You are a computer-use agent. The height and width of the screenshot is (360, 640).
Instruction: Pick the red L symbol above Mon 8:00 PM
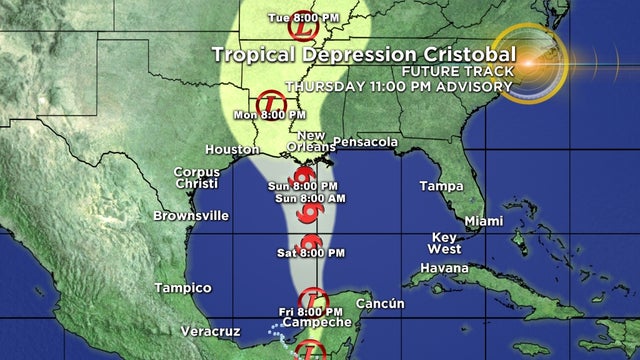pyautogui.click(x=270, y=100)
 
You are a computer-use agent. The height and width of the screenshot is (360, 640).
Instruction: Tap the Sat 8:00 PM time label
pyautogui.click(x=301, y=254)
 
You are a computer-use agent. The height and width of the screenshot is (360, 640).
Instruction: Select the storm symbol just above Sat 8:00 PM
pyautogui.click(x=309, y=241)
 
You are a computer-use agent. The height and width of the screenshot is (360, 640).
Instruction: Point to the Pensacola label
pyautogui.click(x=365, y=142)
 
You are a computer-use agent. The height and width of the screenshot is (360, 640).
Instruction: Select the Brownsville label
pyautogui.click(x=191, y=215)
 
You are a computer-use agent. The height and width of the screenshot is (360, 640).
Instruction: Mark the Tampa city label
pyautogui.click(x=441, y=186)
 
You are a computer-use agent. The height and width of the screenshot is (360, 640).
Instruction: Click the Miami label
pyautogui.click(x=483, y=220)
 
